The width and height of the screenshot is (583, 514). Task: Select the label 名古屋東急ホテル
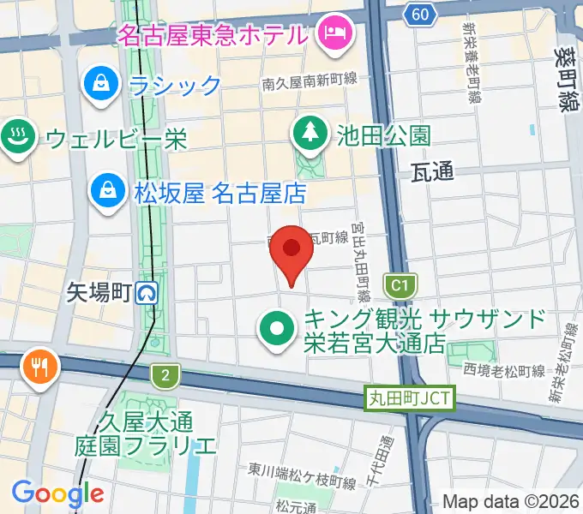(x=212, y=36)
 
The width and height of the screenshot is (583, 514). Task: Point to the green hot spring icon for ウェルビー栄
(x=16, y=138)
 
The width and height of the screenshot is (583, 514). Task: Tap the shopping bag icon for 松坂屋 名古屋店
(x=109, y=191)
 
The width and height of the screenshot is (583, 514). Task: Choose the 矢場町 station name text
(x=99, y=294)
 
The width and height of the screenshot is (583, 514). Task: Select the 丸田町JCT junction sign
(x=408, y=398)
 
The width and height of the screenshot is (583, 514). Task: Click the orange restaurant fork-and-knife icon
(x=39, y=367)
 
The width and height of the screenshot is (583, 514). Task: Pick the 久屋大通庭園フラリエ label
(x=147, y=433)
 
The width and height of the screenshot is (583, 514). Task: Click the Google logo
(x=57, y=493)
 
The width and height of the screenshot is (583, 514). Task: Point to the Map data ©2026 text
(x=509, y=502)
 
